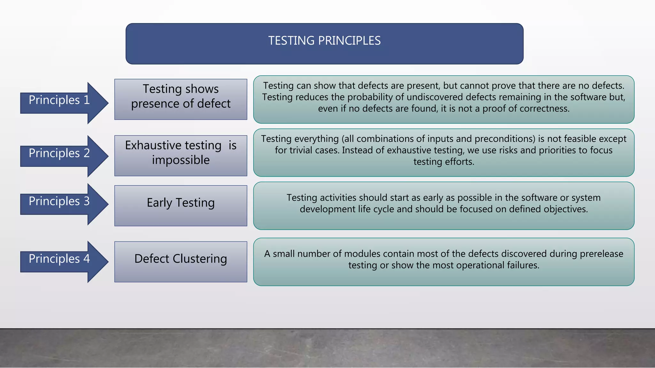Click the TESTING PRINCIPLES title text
324,41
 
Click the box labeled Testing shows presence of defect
181,99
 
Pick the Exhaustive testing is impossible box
181,156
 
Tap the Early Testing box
181,205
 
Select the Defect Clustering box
181,262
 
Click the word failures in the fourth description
523,265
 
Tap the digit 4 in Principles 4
87,259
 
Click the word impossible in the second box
181,160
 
